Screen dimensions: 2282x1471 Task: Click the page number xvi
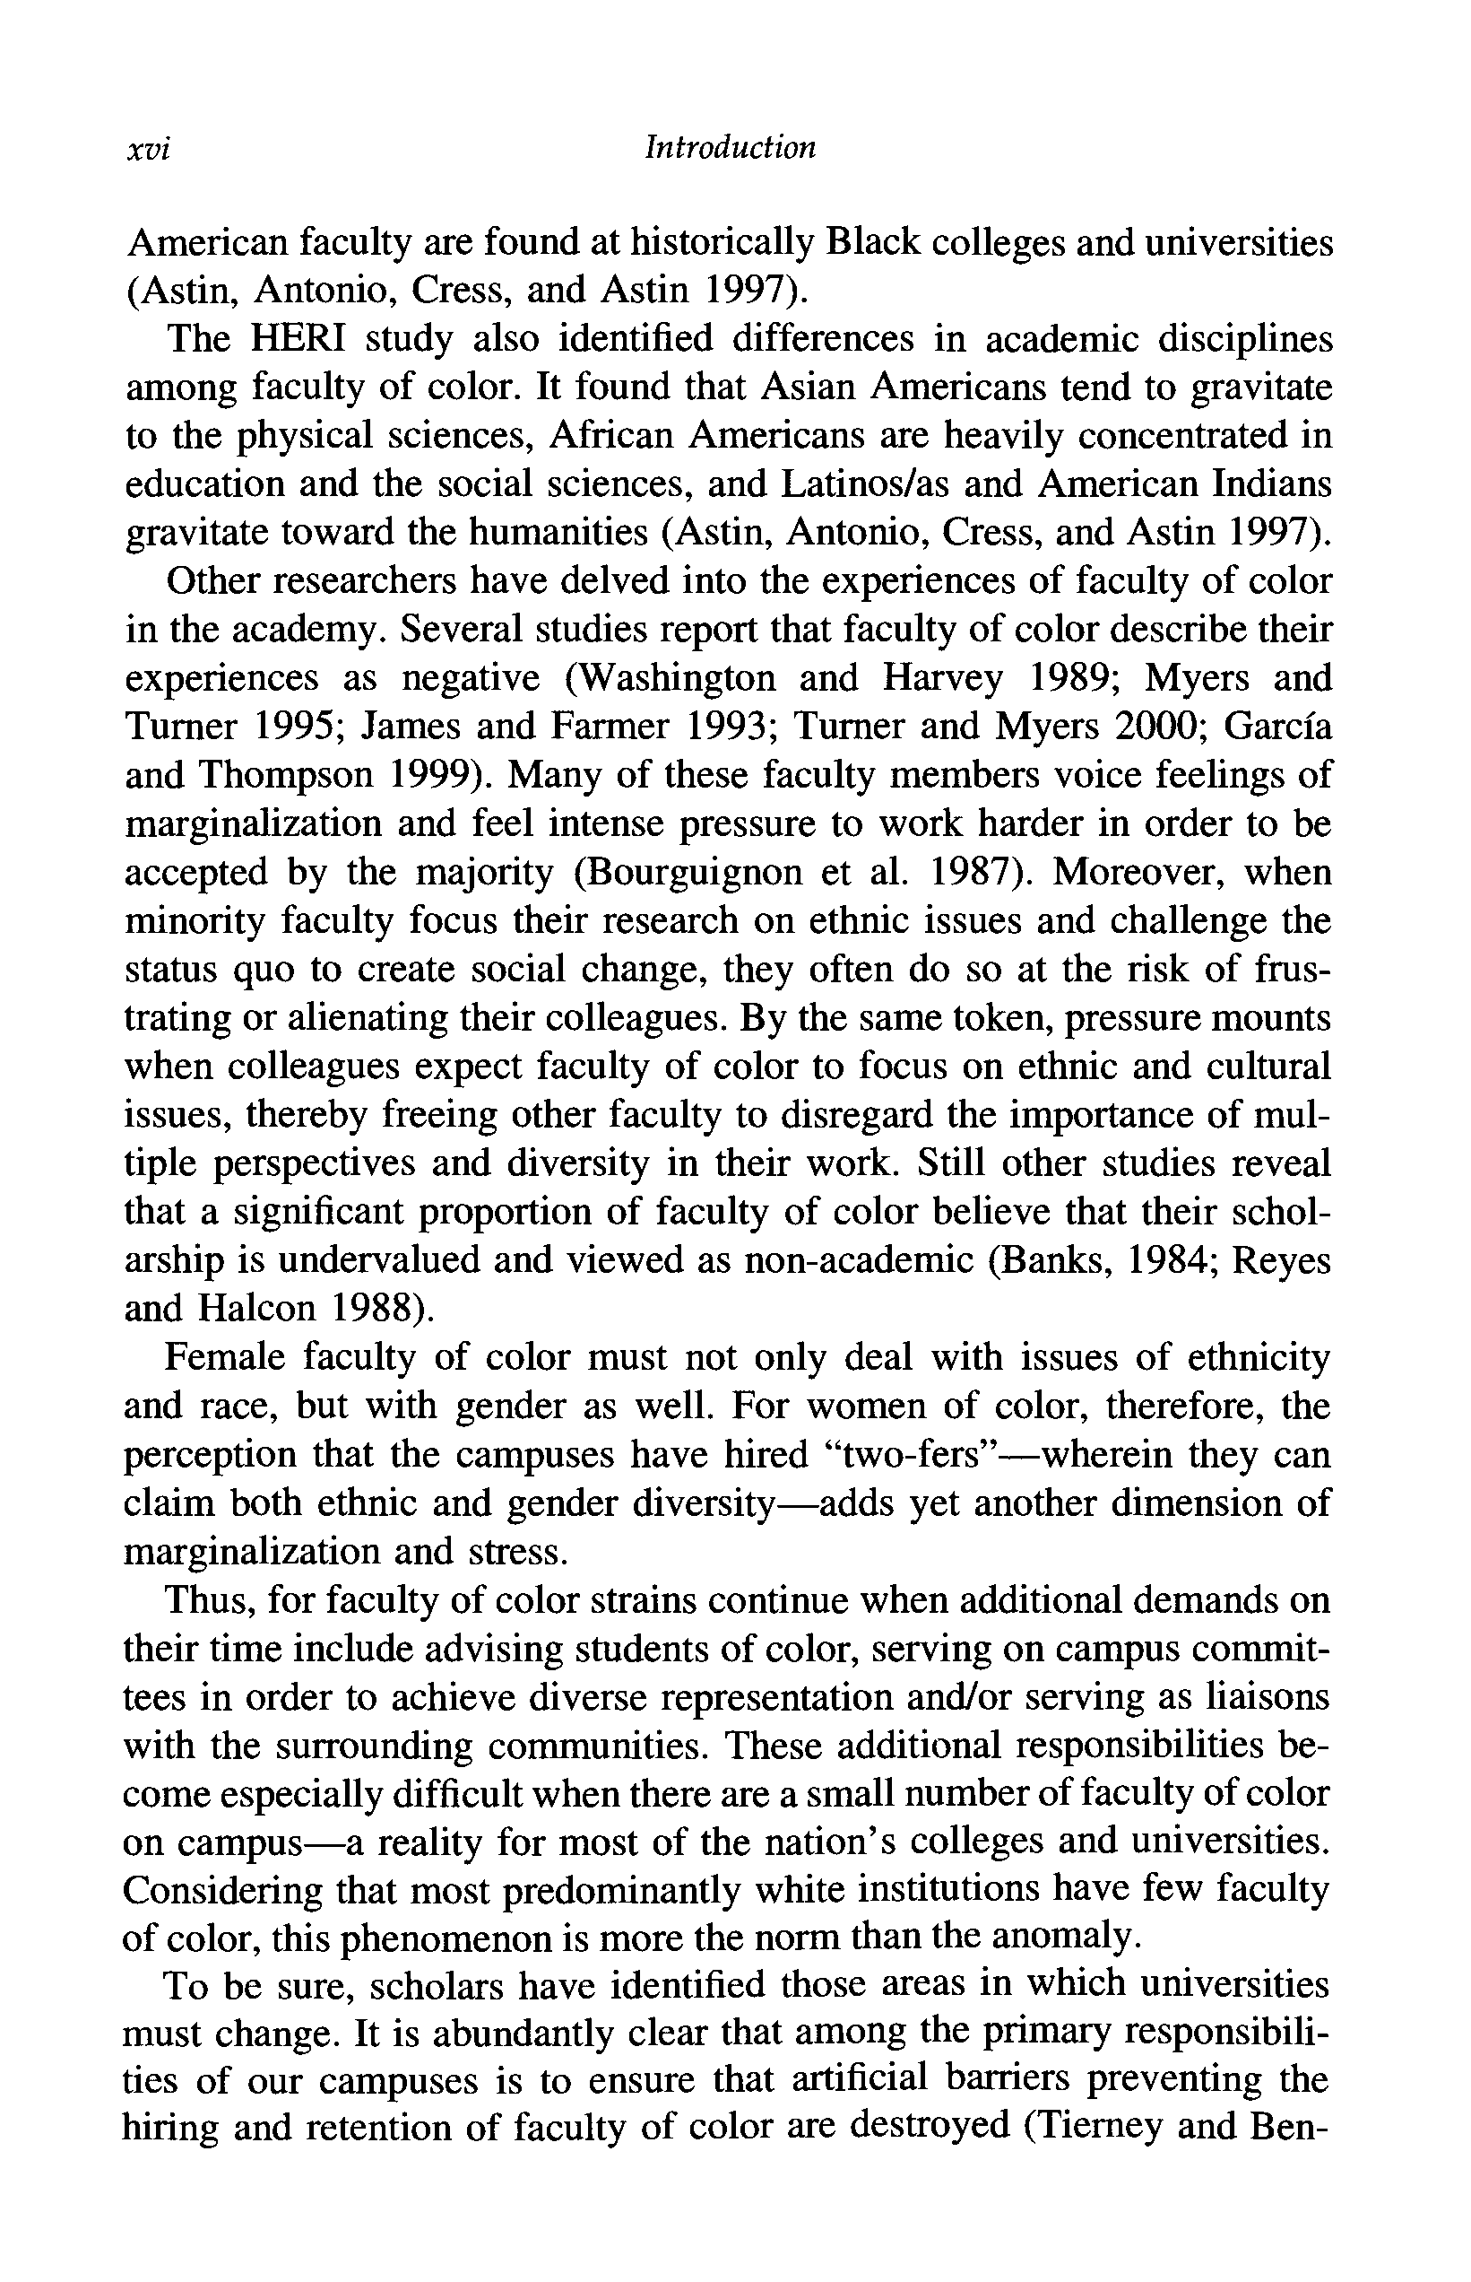point(148,149)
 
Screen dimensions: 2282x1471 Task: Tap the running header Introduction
point(731,147)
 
